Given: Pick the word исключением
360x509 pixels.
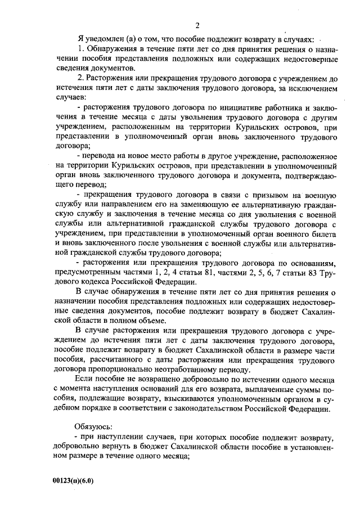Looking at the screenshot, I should coord(310,89).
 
